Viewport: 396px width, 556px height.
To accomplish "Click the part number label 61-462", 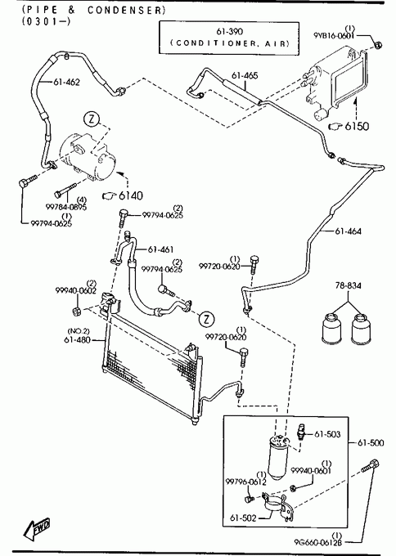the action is [x=67, y=83].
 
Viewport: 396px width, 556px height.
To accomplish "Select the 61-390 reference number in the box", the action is [x=230, y=32].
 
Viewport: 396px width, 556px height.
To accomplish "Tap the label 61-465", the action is [x=245, y=75].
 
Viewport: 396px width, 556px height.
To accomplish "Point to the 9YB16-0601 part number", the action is [x=334, y=36].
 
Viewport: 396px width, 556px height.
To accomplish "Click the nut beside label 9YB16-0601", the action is [x=378, y=45].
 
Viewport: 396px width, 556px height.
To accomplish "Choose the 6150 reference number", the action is [x=357, y=126].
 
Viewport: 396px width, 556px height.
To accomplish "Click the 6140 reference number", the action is [x=131, y=195].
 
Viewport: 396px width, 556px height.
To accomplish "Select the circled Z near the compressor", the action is [x=92, y=119].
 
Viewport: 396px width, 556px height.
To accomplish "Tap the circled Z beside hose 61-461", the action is [x=206, y=318].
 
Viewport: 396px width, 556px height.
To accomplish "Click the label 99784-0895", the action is [x=66, y=207].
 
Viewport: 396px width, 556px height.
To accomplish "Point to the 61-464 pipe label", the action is [x=348, y=231].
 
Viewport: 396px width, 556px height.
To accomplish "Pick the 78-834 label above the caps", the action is [x=348, y=285].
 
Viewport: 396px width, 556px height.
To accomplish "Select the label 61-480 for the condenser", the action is [x=78, y=340].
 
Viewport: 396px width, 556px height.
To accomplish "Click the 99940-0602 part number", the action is [x=75, y=291].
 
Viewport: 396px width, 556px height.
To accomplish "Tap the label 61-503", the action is [x=327, y=434].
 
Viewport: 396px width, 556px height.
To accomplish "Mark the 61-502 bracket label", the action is [x=243, y=518].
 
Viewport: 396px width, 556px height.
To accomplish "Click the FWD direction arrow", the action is [x=37, y=529].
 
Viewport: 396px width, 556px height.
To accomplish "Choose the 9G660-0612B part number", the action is [x=318, y=542].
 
